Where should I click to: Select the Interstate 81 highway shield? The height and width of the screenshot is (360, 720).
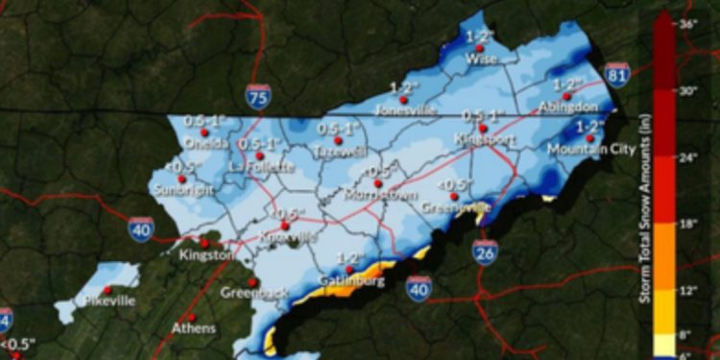tap(617, 74)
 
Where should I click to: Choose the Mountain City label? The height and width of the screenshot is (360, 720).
tap(582, 149)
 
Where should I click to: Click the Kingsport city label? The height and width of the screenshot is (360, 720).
tap(484, 139)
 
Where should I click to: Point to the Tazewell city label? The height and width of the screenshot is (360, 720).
tap(336, 152)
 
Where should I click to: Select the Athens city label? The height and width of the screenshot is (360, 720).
tap(193, 328)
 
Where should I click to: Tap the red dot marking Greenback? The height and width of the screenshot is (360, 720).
tap(252, 282)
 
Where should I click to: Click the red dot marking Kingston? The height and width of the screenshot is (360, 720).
tap(204, 243)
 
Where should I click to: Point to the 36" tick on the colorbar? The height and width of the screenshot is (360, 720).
tap(687, 21)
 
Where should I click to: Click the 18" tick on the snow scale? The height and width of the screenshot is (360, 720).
tap(687, 222)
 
